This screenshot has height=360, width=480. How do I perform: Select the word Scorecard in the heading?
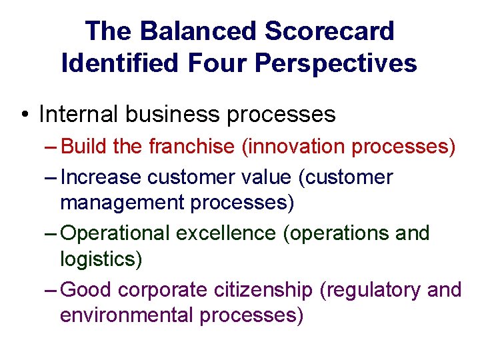[x=329, y=31]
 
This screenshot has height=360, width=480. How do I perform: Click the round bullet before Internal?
[x=24, y=115]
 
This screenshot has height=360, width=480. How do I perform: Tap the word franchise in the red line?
[x=191, y=147]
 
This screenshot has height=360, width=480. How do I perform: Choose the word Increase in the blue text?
[x=100, y=177]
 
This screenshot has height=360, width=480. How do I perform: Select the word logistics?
[x=101, y=259]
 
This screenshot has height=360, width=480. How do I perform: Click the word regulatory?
[x=369, y=290]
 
